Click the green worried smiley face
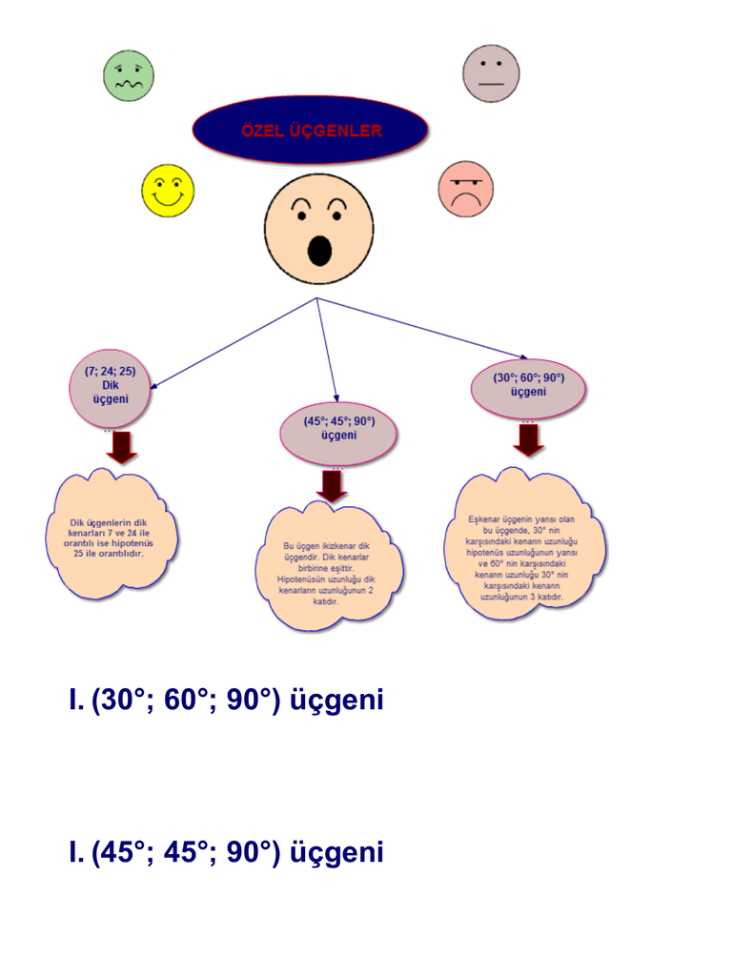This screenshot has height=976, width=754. click(128, 76)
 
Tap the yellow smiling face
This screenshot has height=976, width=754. click(168, 190)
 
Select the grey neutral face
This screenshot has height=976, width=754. click(491, 73)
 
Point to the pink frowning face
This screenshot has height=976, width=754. click(465, 188)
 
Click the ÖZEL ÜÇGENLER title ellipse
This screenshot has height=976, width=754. click(311, 131)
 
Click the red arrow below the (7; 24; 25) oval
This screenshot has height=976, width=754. click(121, 446)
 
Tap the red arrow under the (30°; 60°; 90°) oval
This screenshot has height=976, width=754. click(529, 439)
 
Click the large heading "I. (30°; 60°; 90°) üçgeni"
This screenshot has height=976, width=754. click(226, 701)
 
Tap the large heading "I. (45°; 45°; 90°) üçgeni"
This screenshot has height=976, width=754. click(226, 852)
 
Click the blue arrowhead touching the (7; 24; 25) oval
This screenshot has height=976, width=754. click(153, 385)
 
